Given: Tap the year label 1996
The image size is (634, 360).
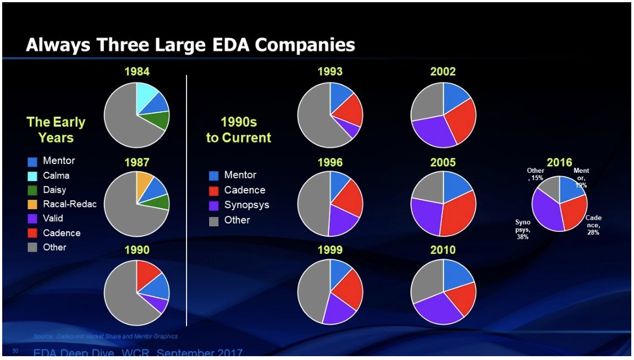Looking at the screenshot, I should point(330,162).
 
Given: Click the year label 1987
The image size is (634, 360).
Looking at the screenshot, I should point(136,162).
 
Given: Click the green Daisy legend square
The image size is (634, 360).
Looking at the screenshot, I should point(32,190).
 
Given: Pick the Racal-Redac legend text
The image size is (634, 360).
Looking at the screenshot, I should point(70,204).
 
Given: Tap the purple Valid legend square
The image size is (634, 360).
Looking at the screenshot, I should point(32,219).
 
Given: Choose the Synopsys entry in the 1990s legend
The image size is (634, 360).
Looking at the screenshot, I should point(247,205).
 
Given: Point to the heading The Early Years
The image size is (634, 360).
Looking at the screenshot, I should point(56,130).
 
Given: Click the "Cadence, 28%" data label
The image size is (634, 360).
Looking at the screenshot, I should point(593,225).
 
